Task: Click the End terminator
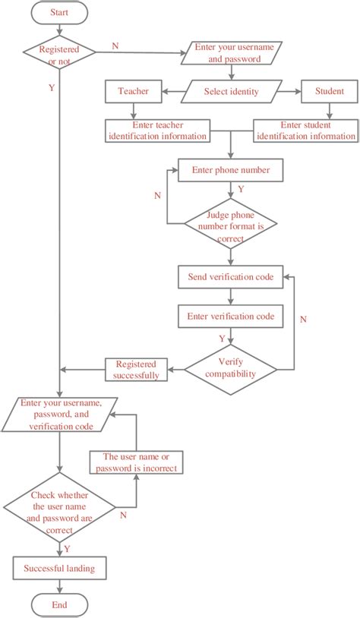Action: pos(59,605)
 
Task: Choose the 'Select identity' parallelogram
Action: pos(231,93)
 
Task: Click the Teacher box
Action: pos(133,93)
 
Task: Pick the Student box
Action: pos(328,93)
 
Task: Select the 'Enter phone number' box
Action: pos(231,170)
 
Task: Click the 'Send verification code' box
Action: pos(231,276)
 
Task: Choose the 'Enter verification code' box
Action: pos(231,315)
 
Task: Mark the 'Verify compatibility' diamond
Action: pos(231,368)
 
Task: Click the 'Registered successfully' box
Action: pos(133,369)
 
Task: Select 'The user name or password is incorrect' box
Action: pos(134,462)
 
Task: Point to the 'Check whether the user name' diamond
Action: pos(59,507)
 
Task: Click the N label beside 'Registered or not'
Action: pos(115,46)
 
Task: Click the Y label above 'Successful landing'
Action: pos(68,547)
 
